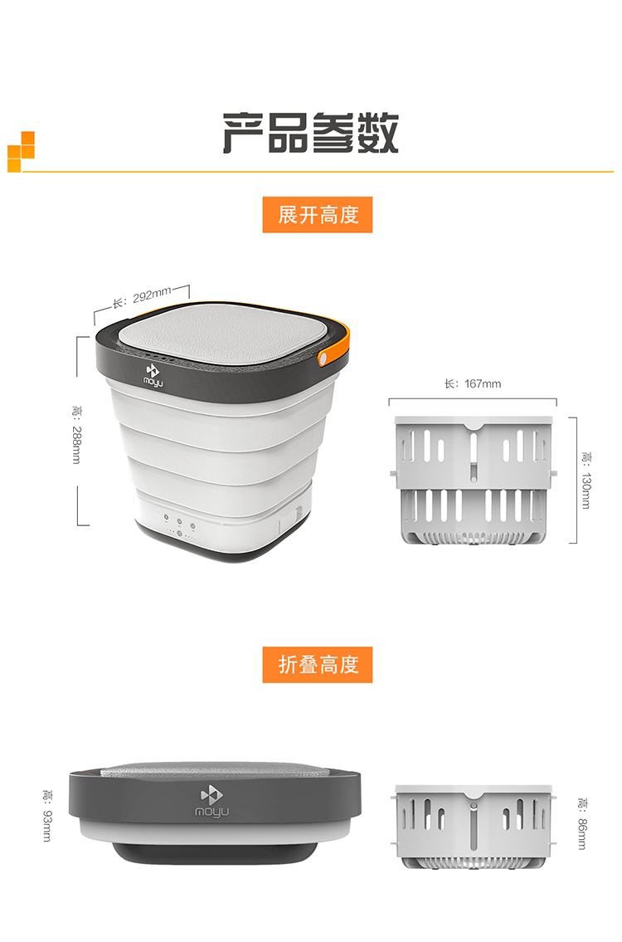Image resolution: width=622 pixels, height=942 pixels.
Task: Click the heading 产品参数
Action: [310, 133]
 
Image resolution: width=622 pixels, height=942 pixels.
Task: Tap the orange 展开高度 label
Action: [318, 214]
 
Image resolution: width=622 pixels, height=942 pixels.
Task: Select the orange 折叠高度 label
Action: [318, 665]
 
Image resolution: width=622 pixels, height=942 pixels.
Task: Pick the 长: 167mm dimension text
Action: [473, 383]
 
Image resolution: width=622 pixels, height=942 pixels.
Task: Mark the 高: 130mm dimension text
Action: [586, 480]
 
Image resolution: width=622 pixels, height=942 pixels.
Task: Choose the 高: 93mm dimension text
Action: [46, 815]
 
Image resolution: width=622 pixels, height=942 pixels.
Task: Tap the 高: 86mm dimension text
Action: [581, 823]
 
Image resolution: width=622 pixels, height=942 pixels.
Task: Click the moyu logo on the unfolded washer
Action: [153, 375]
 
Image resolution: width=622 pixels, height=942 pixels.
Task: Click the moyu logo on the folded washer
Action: [211, 802]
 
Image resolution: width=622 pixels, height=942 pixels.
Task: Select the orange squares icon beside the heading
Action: [21, 151]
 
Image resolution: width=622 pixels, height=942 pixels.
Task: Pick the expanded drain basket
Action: [473, 480]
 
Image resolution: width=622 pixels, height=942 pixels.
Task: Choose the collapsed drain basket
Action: [473, 826]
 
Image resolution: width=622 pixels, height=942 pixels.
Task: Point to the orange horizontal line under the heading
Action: [318, 172]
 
